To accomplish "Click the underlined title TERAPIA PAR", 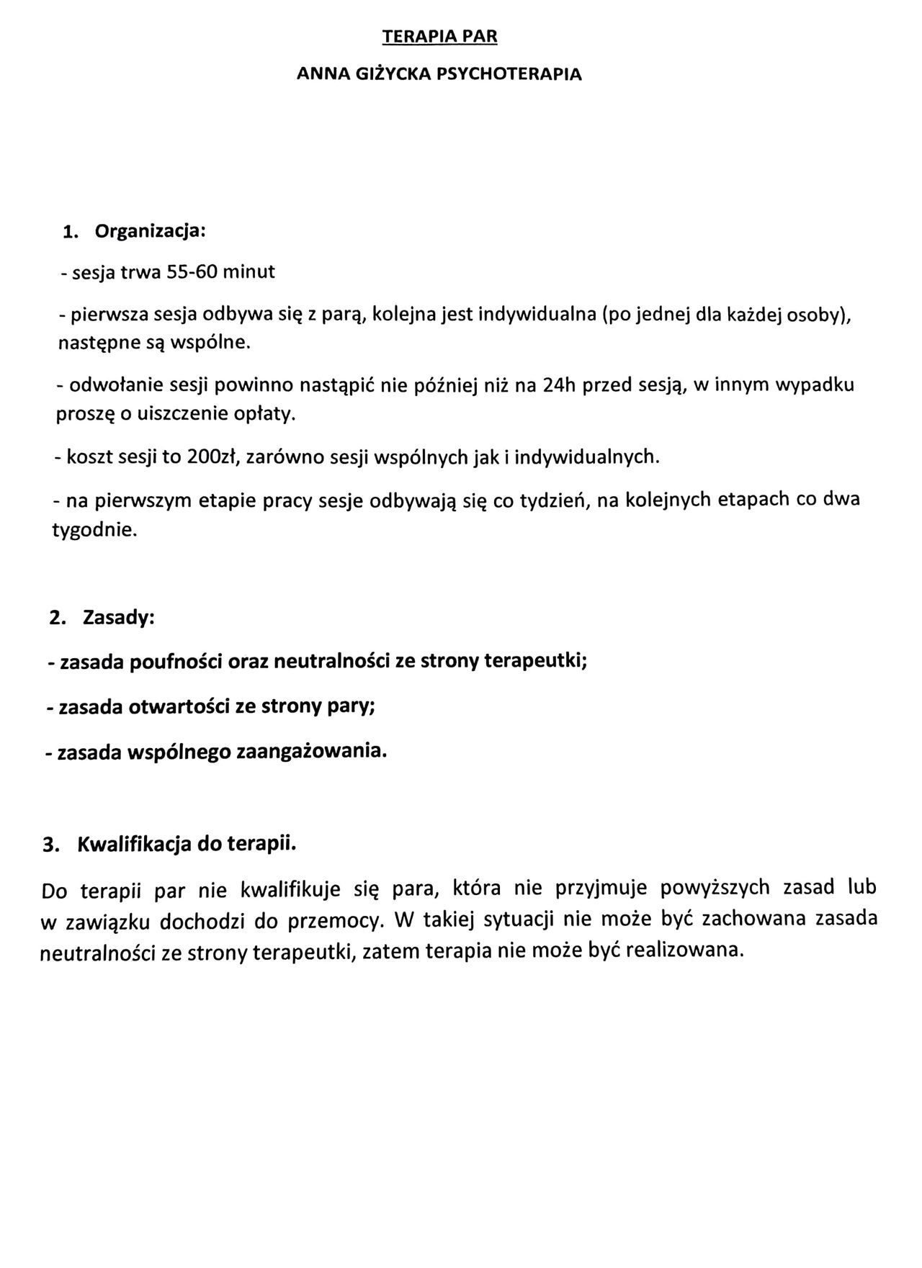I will click(x=439, y=37).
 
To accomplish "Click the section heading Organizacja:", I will click(x=151, y=232).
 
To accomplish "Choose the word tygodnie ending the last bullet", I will click(x=94, y=531).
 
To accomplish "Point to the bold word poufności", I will click(x=176, y=662).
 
